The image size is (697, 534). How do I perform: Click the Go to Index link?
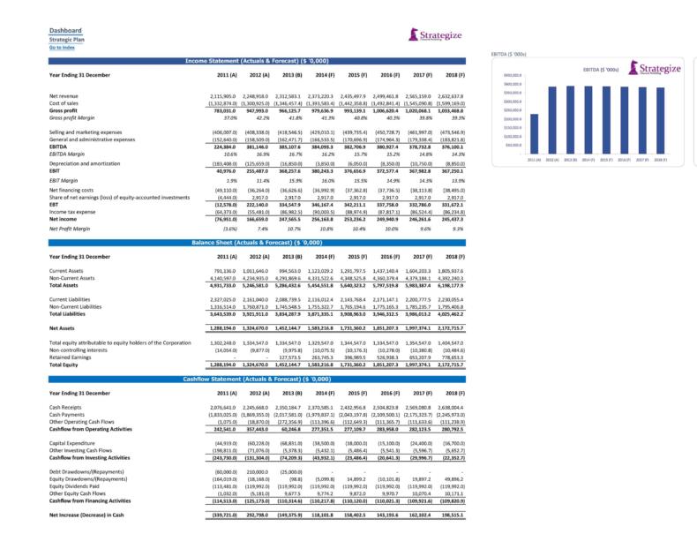(63, 47)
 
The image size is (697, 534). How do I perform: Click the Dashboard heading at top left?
(66, 30)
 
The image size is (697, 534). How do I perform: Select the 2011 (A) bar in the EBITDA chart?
(535, 135)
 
